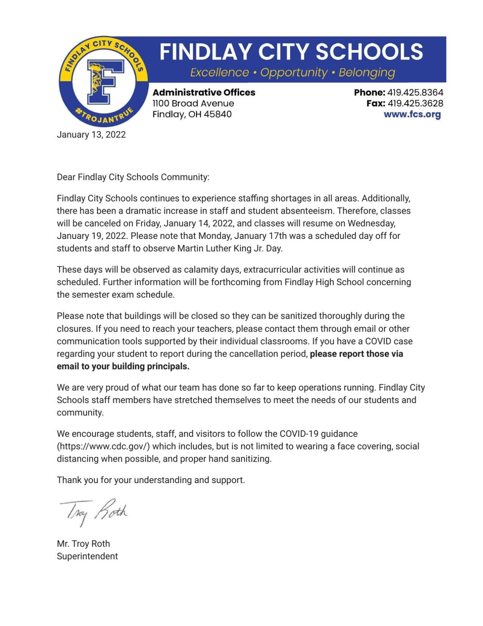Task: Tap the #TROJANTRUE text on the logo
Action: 104,115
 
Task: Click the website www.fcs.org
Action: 412,114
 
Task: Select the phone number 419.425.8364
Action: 415,92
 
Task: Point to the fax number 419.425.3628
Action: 415,103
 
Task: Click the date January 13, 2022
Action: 91,135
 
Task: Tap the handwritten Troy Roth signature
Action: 94,511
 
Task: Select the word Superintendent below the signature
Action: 87,556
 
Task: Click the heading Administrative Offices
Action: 204,92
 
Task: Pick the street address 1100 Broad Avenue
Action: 193,103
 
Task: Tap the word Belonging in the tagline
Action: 367,72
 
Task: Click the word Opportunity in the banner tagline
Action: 294,72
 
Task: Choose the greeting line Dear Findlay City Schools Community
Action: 133,177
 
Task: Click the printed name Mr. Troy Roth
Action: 83,543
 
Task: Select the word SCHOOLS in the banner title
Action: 369,52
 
